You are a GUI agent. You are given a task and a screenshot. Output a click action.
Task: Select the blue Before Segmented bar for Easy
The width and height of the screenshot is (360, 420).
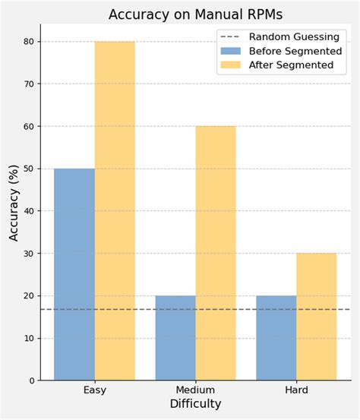[x=74, y=273]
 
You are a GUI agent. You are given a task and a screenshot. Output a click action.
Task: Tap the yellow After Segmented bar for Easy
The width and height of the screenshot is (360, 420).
[x=115, y=210]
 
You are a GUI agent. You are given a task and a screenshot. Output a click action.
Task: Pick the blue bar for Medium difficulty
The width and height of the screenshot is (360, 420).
[x=175, y=337]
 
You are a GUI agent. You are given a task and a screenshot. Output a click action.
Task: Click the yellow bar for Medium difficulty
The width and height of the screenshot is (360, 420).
[x=216, y=253]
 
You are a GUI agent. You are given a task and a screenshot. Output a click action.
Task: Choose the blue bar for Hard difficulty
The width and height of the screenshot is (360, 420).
[x=276, y=337]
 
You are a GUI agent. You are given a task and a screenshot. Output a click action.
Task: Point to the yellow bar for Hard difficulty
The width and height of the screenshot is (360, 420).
[x=317, y=316]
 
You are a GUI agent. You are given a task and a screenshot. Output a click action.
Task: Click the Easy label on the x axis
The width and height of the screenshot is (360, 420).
[x=94, y=390]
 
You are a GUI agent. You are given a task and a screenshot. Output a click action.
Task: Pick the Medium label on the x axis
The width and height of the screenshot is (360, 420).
[x=195, y=390]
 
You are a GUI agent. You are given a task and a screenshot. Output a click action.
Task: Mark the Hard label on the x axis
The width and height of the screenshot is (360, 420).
[x=296, y=390]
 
